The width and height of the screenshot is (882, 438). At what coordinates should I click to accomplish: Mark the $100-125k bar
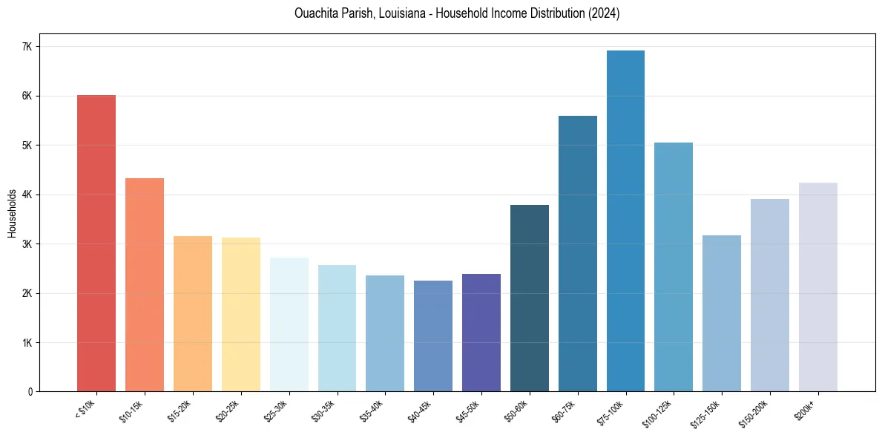[x=674, y=267]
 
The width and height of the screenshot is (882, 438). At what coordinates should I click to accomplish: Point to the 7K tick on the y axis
[x=28, y=47]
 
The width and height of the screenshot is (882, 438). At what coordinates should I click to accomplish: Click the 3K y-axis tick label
[x=28, y=244]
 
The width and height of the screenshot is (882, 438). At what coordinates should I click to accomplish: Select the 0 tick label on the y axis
[x=30, y=392]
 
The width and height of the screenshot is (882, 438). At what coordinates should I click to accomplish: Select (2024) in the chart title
[x=603, y=13]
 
